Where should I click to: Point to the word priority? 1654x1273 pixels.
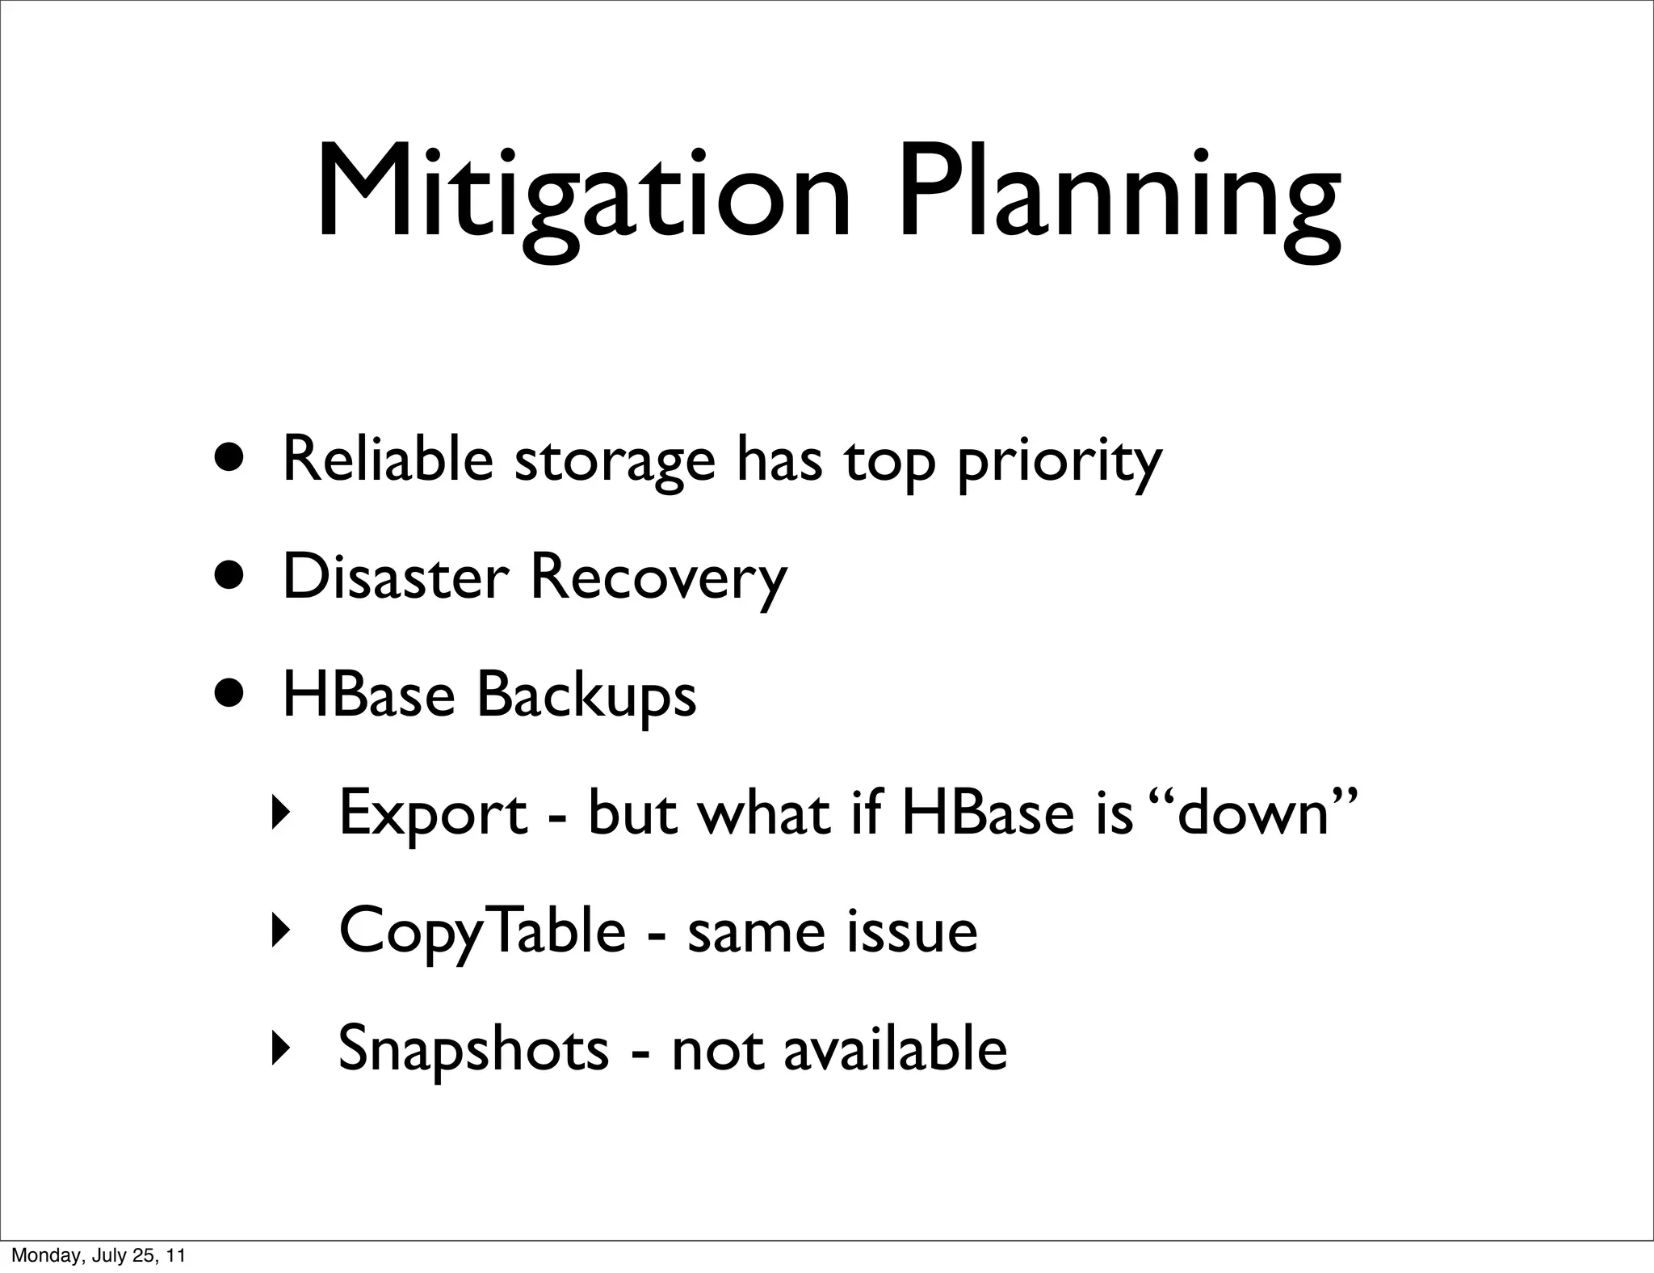click(1059, 462)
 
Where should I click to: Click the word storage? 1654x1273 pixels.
click(615, 462)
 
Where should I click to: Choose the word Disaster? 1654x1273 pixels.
click(396, 577)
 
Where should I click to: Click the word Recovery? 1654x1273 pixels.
click(657, 578)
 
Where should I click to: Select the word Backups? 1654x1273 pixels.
click(586, 695)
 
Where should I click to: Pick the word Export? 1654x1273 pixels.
click(433, 814)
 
